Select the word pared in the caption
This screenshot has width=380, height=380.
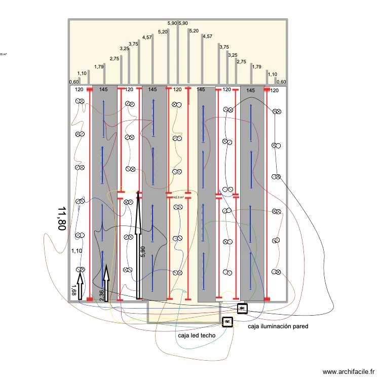coord(298,327)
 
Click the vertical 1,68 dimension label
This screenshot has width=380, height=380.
coord(74,290)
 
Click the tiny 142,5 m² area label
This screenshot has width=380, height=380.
coord(178,198)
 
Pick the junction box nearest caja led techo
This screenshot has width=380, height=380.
coord(227,321)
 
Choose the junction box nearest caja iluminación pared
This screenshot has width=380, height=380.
coord(242,308)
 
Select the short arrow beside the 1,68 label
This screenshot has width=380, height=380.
coord(80,286)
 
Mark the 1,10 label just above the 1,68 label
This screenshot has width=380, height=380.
coord(77,251)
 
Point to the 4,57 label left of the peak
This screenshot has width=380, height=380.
coord(147,37)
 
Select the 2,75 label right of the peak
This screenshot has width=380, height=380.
coord(241,62)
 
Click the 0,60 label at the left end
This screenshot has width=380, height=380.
coord(74,82)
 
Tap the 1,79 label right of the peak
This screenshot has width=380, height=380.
coord(257,66)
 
